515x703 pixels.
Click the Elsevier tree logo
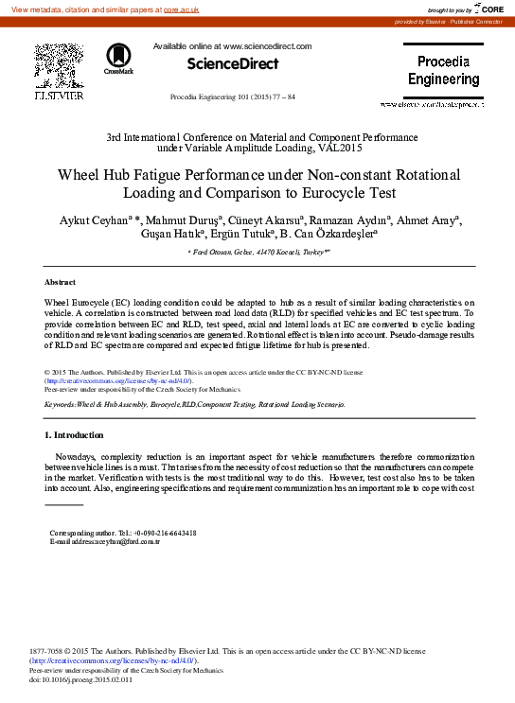(59, 66)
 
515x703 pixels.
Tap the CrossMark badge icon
(119, 58)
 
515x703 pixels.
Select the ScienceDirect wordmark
(233, 63)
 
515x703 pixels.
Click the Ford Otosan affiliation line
(257, 253)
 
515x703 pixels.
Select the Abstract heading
(61, 283)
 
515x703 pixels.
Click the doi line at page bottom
(81, 679)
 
